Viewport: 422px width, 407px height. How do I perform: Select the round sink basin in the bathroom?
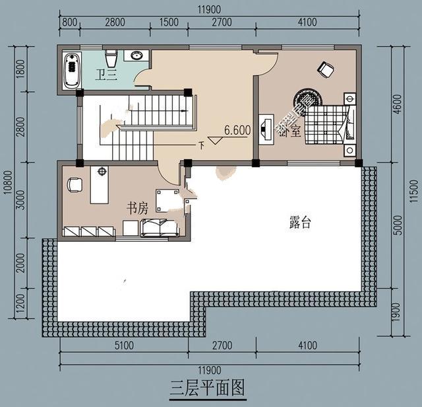pos(137,56)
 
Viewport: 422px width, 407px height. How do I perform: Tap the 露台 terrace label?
pos(300,223)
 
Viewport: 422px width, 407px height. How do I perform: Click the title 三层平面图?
pos(207,388)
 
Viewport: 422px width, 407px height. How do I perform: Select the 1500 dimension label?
pos(169,22)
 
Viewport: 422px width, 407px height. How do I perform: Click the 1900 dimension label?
pos(396,312)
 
